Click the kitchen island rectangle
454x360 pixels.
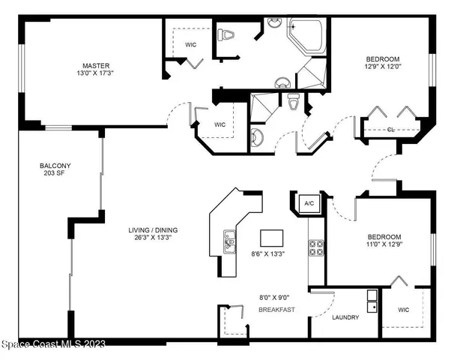[273, 238]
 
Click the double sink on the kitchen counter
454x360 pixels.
[230, 239]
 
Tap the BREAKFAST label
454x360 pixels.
[275, 308]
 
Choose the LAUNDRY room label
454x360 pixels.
[345, 317]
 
